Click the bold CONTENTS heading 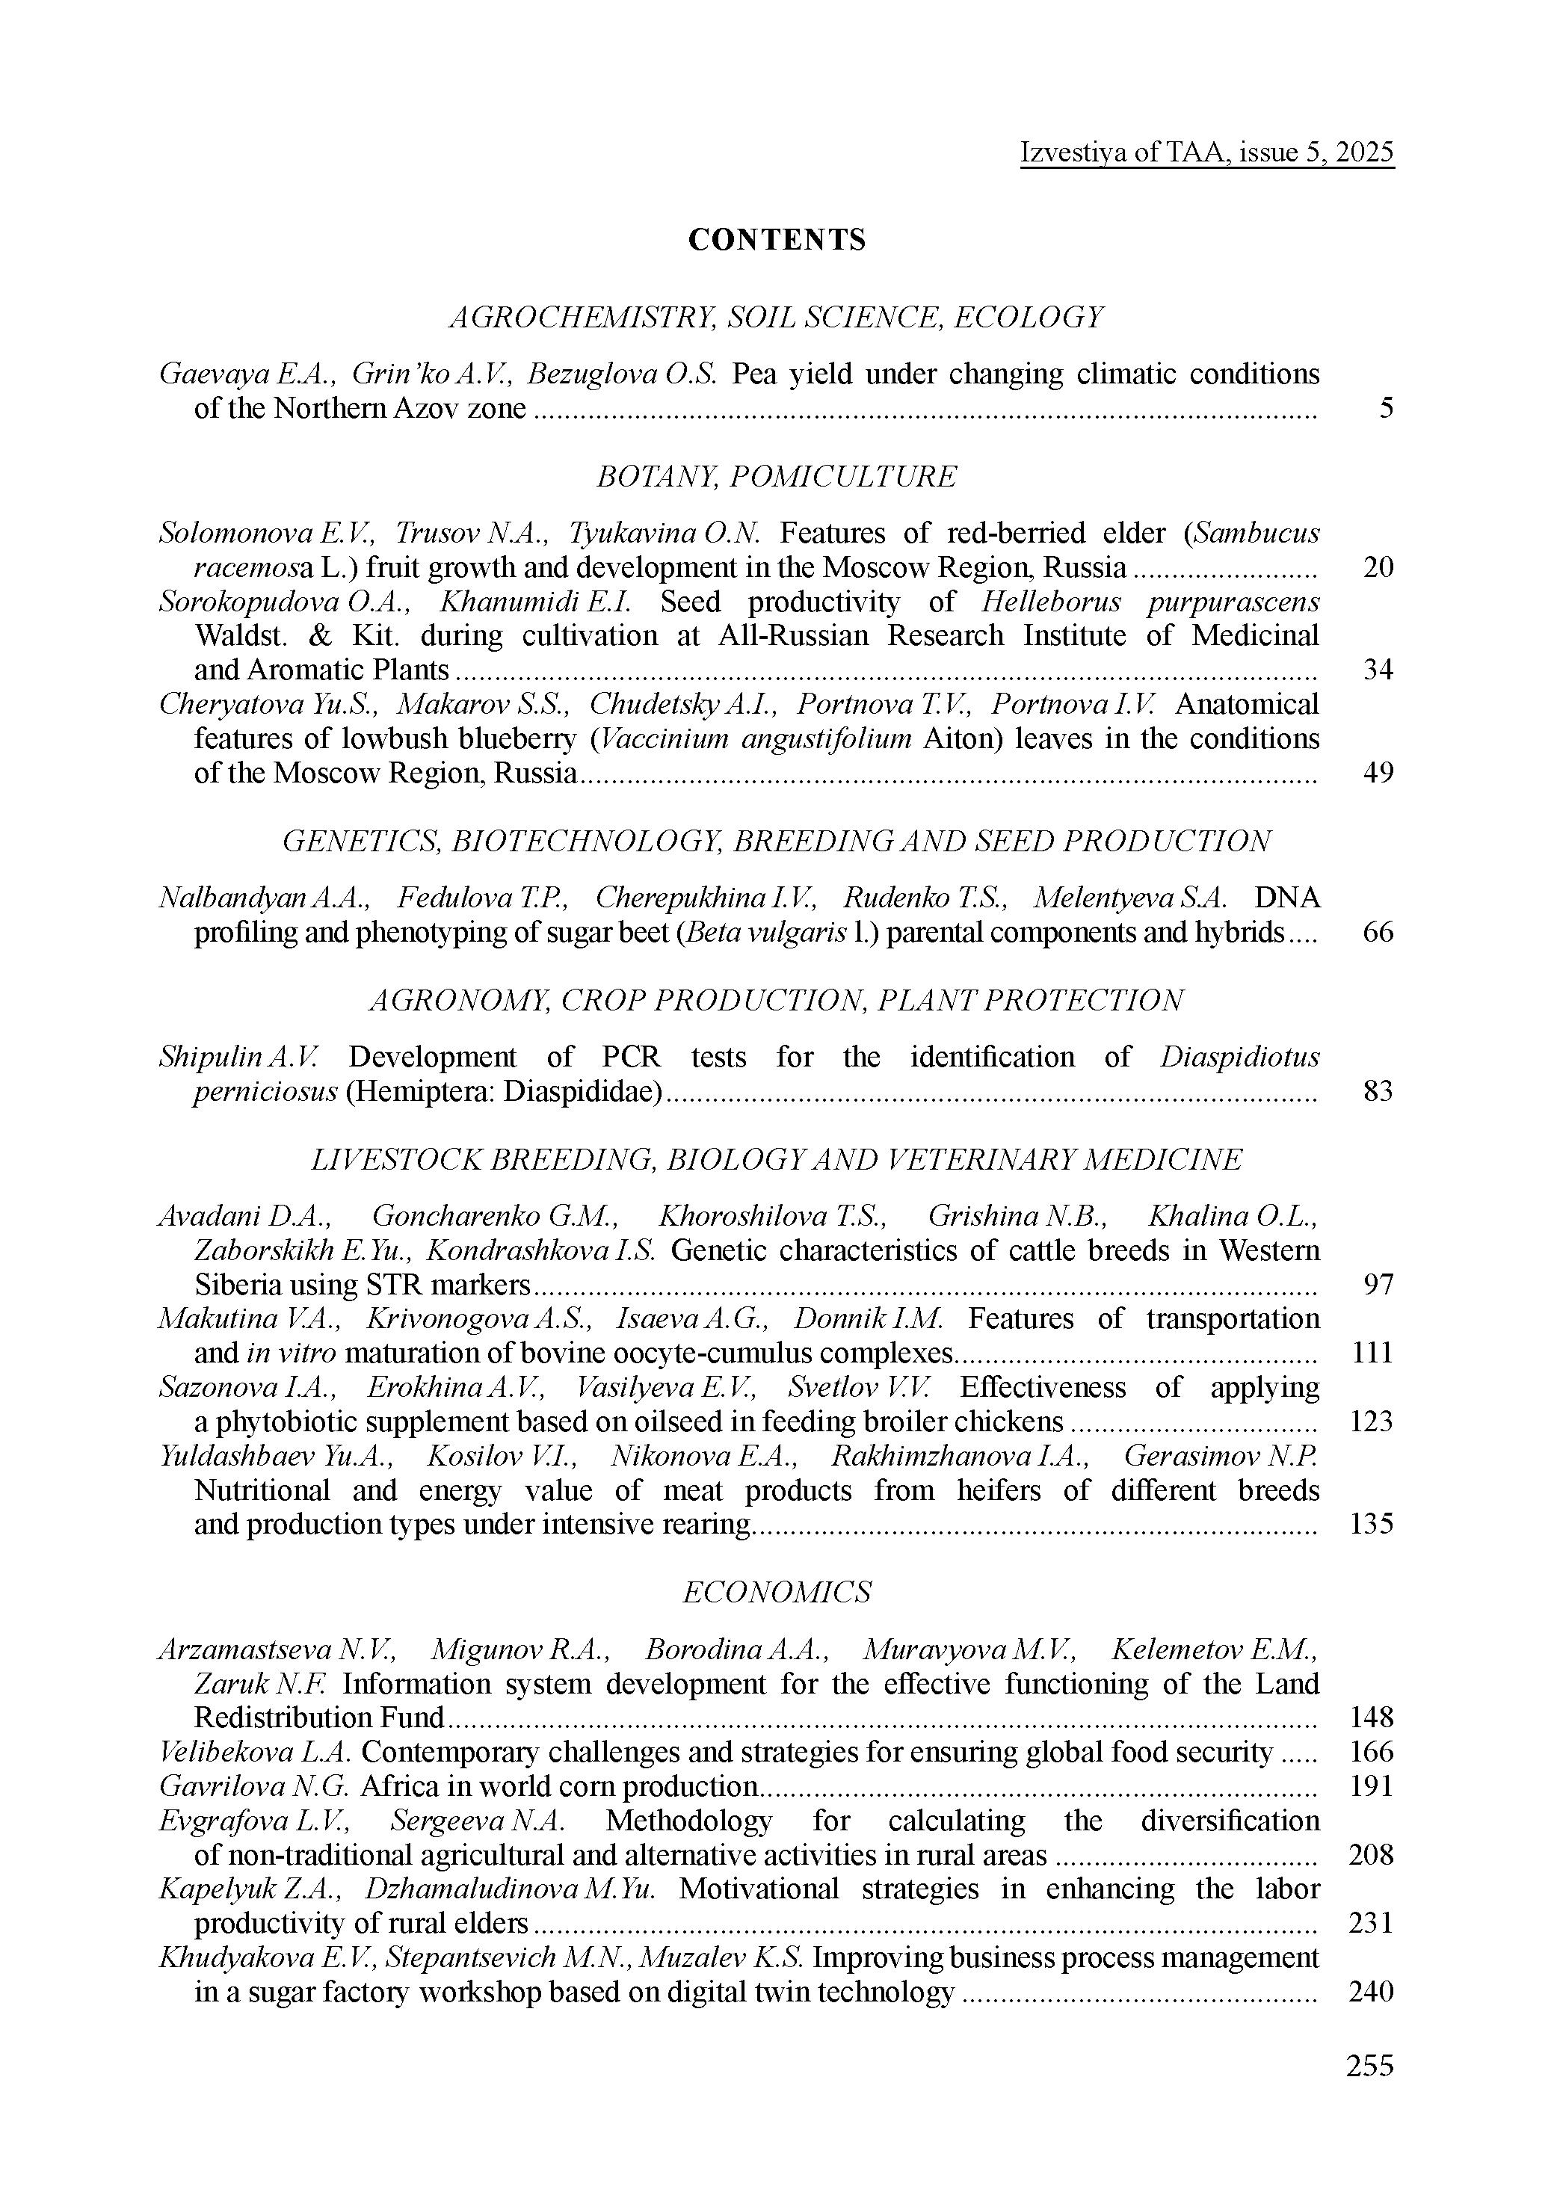(777, 239)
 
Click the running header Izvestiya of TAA (1207, 152)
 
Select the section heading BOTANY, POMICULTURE (777, 476)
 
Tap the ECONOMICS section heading (777, 1592)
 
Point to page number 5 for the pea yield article (1386, 409)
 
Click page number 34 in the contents (1378, 669)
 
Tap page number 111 (1372, 1353)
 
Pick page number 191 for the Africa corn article (1372, 1786)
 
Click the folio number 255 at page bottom (1370, 2065)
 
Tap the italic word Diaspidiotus (1239, 1056)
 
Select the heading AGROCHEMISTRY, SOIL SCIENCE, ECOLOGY (777, 316)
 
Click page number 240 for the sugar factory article (1372, 1992)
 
